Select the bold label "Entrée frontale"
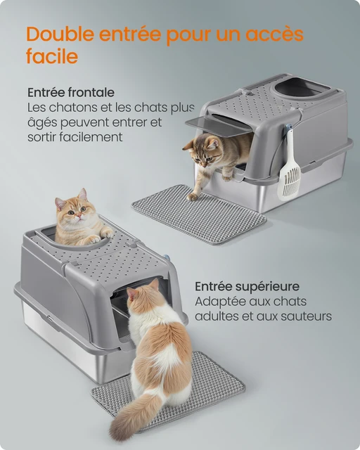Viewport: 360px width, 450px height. pos(71,93)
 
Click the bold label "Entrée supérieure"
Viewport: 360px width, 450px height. pos(247,286)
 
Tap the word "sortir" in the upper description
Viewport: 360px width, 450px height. pos(44,137)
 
